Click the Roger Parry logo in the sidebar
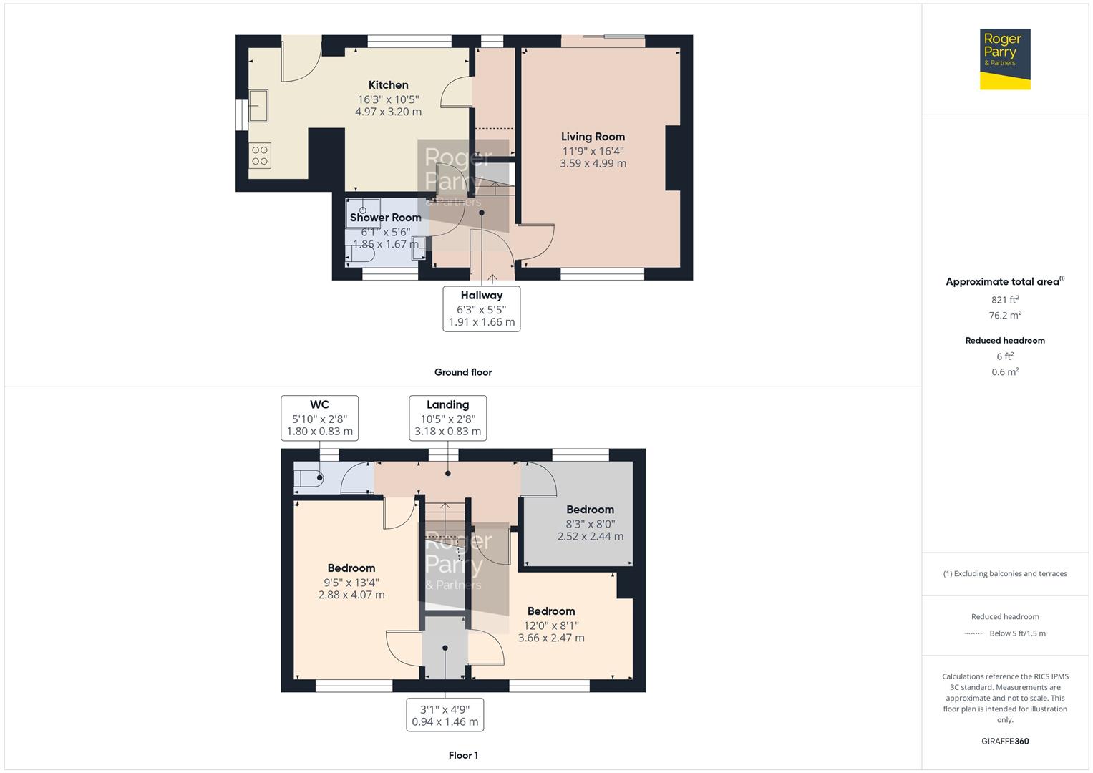pyautogui.click(x=1004, y=59)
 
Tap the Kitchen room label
pyautogui.click(x=388, y=85)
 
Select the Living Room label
pyautogui.click(x=593, y=137)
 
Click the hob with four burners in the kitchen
pyautogui.click(x=260, y=156)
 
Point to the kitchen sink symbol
pyautogui.click(x=258, y=105)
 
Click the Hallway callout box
pyautogui.click(x=482, y=308)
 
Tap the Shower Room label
pyautogui.click(x=385, y=218)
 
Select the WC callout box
pyautogui.click(x=319, y=418)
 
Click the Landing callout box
pyautogui.click(x=448, y=418)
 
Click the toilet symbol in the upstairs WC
pyautogui.click(x=309, y=480)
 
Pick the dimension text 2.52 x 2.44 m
pyautogui.click(x=591, y=536)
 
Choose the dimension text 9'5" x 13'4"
pyautogui.click(x=351, y=583)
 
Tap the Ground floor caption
pyautogui.click(x=463, y=372)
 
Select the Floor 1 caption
pyautogui.click(x=463, y=755)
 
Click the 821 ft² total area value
pyautogui.click(x=1005, y=300)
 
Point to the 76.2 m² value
pyautogui.click(x=1005, y=315)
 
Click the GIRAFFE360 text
pyautogui.click(x=1005, y=742)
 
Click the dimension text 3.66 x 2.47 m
pyautogui.click(x=551, y=638)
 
